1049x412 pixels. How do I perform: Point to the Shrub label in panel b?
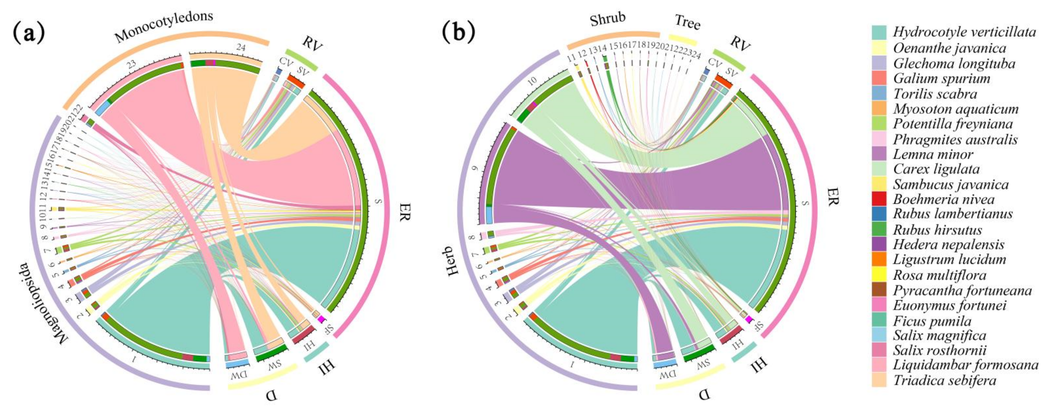click(607, 19)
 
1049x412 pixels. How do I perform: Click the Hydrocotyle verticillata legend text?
click(964, 32)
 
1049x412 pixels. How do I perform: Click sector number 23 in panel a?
click(131, 64)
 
